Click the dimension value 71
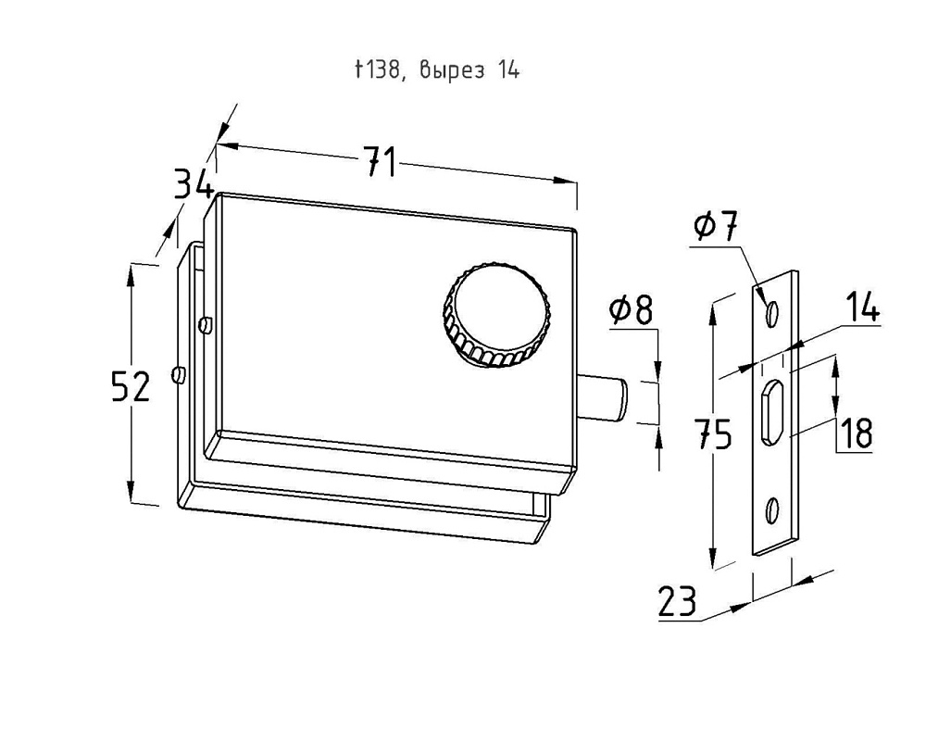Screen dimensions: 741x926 pos(379,163)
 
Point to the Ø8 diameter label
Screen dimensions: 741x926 pos(631,312)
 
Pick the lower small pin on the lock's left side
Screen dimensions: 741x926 pos(179,374)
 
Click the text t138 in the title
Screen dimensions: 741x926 pos(379,71)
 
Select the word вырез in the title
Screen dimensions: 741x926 pos(451,71)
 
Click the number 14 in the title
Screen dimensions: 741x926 pos(507,71)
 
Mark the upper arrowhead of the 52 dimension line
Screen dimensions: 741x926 pos(131,271)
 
